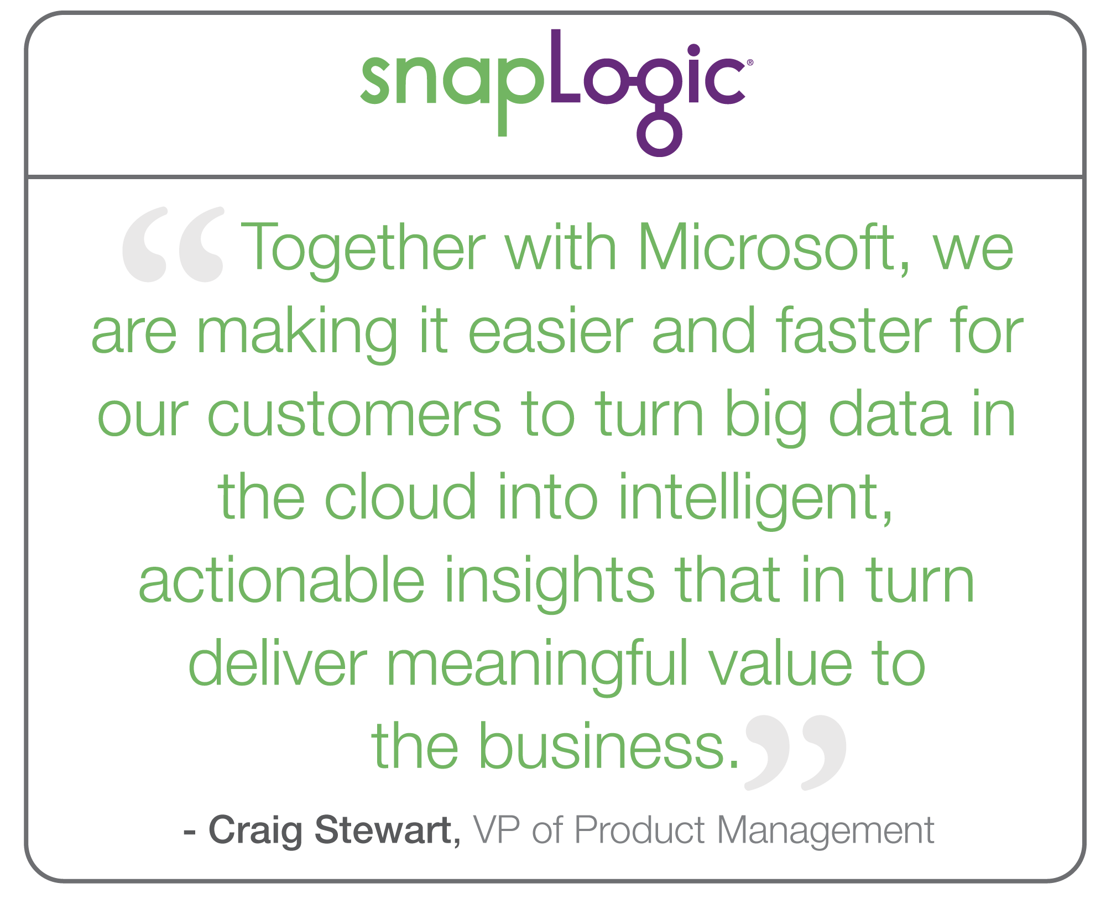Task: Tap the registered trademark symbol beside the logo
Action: coord(750,62)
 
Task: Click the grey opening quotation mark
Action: coord(173,244)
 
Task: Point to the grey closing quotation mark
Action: coord(795,753)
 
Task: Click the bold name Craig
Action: coord(255,831)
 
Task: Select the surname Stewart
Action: coord(383,829)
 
